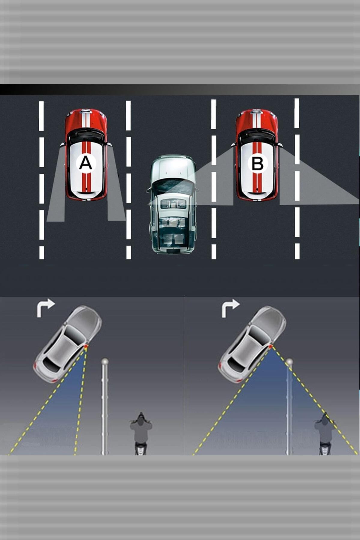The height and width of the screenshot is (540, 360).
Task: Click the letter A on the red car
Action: tap(86, 163)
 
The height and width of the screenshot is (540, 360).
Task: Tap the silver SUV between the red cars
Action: tap(173, 204)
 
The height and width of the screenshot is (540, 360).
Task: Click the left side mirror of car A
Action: tap(62, 145)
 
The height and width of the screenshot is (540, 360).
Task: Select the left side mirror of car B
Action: tap(233, 145)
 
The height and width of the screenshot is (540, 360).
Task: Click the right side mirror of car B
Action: tap(280, 145)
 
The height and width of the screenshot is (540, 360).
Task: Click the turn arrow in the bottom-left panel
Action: tap(45, 308)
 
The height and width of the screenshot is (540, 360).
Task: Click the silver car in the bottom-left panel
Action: tap(67, 344)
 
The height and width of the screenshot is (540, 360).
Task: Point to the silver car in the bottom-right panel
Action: tap(252, 344)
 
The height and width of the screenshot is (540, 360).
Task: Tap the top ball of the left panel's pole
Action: tap(104, 361)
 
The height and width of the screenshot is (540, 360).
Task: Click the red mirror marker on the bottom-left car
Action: tap(86, 347)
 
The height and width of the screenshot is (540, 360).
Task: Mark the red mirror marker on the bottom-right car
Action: tap(271, 347)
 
